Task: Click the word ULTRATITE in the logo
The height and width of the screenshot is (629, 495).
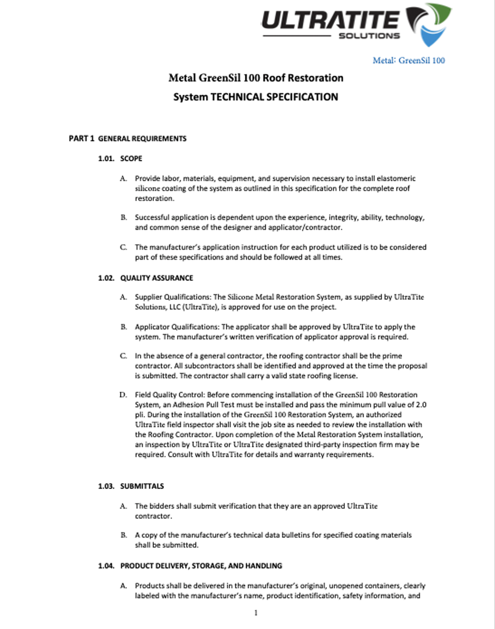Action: click(x=330, y=20)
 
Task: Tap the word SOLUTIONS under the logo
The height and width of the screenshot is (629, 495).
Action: click(x=369, y=36)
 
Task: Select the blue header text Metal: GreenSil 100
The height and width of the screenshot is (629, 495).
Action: click(x=409, y=60)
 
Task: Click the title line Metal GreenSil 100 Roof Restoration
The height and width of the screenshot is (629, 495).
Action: click(x=255, y=78)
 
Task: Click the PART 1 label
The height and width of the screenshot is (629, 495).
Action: click(x=81, y=139)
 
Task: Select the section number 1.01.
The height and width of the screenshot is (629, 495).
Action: click(x=106, y=159)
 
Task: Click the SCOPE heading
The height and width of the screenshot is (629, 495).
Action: click(x=131, y=159)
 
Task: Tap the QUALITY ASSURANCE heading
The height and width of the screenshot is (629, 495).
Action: click(x=156, y=278)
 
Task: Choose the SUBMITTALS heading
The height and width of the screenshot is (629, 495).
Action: click(x=142, y=486)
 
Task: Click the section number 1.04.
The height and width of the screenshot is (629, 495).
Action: click(x=106, y=566)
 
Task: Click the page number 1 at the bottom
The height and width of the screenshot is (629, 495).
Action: click(x=256, y=613)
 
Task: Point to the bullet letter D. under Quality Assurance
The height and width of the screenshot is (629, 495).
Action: click(x=123, y=395)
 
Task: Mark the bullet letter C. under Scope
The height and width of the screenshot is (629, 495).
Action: click(x=123, y=247)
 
